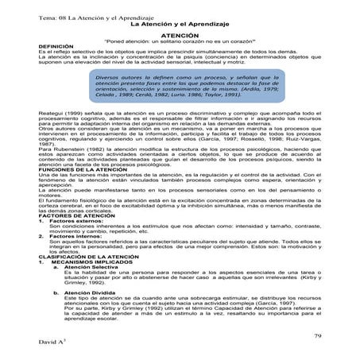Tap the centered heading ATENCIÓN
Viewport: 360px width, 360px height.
tap(180, 37)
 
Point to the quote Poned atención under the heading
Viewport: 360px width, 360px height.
tap(180, 42)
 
